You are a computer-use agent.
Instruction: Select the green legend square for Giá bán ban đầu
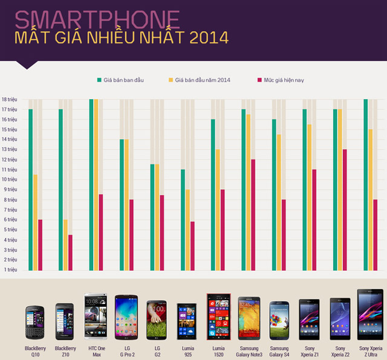(x=99, y=80)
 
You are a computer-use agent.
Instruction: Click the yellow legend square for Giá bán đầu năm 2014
(x=171, y=80)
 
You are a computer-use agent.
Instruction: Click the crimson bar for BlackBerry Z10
(x=71, y=253)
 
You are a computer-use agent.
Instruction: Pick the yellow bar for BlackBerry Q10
(x=36, y=223)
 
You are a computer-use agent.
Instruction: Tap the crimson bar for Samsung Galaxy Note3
(x=254, y=215)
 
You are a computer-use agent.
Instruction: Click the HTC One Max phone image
(x=96, y=317)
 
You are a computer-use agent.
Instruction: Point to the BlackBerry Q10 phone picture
(x=35, y=323)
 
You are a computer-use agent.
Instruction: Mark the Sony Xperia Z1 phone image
(x=310, y=319)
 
